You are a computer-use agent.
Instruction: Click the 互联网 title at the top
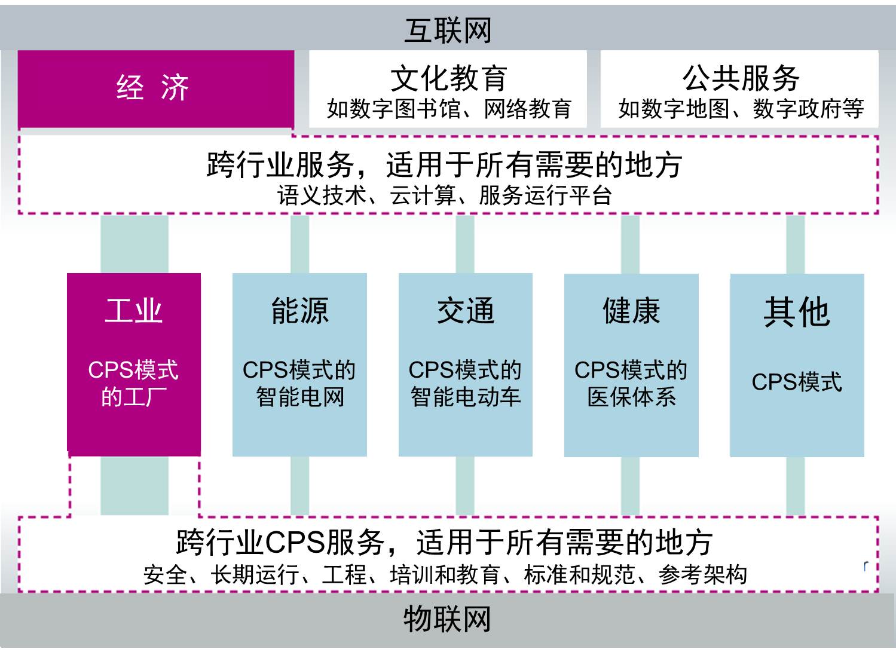tap(448, 30)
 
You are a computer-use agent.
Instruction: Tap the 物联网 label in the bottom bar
tap(447, 619)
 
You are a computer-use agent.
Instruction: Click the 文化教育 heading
tap(448, 78)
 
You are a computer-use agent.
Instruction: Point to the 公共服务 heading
tap(741, 78)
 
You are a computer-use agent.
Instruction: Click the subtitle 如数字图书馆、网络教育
tap(449, 109)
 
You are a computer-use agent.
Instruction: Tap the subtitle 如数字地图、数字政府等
tap(741, 109)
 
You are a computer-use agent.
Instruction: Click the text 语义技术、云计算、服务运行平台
tap(444, 195)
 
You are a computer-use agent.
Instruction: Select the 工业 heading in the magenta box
tap(134, 311)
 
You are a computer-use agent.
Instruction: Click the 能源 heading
tap(299, 311)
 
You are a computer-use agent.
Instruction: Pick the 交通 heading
tap(466, 311)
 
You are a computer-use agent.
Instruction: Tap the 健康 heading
tap(631, 311)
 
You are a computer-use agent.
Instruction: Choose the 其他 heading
tap(797, 312)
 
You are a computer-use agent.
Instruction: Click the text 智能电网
tap(300, 397)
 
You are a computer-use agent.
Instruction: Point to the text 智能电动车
tap(466, 397)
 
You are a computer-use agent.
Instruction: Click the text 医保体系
tap(631, 397)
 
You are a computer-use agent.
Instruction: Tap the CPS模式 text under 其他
tap(797, 382)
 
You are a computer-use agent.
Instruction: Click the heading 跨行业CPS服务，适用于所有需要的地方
tap(444, 542)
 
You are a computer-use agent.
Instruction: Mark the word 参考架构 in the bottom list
tap(702, 574)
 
